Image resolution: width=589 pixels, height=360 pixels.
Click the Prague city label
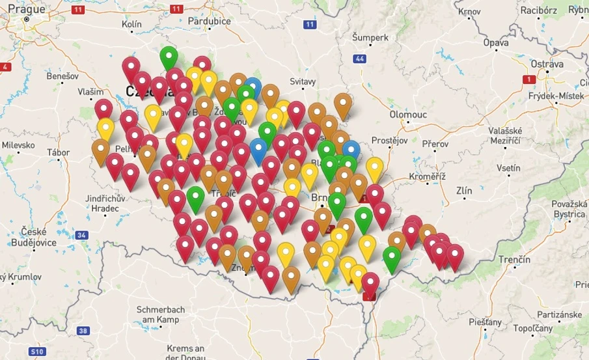click(x=27, y=10)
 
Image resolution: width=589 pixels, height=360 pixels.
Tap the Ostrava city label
click(x=547, y=64)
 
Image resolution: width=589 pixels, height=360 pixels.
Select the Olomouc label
click(x=408, y=115)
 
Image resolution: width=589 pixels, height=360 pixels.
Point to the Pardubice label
click(x=210, y=21)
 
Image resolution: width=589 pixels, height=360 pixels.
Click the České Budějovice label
click(x=38, y=237)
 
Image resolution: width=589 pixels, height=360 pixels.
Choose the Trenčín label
click(x=514, y=260)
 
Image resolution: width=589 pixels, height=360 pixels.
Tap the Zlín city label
click(x=464, y=191)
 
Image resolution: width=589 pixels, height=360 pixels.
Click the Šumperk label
click(x=370, y=38)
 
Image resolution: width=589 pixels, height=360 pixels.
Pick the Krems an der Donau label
click(x=185, y=352)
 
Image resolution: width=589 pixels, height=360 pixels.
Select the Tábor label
click(x=58, y=152)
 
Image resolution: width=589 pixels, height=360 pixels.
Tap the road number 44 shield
click(x=360, y=59)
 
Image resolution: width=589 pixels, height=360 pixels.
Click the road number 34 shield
click(x=81, y=235)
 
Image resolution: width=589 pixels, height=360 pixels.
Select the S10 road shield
click(x=37, y=352)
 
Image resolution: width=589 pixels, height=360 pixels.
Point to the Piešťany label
click(x=485, y=322)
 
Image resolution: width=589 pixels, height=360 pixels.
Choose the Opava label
click(x=495, y=43)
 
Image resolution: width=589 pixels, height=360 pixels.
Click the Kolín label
click(x=131, y=24)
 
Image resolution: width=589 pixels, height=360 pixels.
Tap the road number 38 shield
click(x=83, y=331)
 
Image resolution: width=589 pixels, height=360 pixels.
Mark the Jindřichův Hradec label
click(x=102, y=203)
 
